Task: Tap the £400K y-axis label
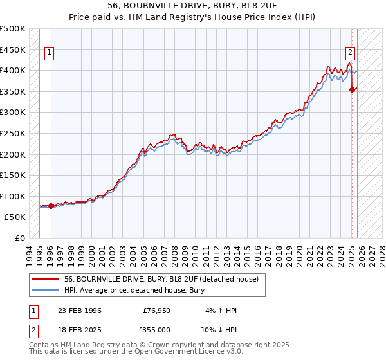[x=13, y=70]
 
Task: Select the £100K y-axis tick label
[x=13, y=196]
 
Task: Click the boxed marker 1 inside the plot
[x=50, y=53]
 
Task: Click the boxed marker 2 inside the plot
[x=351, y=53]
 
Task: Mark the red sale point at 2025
[x=353, y=89]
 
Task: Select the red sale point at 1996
[x=51, y=206]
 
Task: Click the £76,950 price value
[x=156, y=310]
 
